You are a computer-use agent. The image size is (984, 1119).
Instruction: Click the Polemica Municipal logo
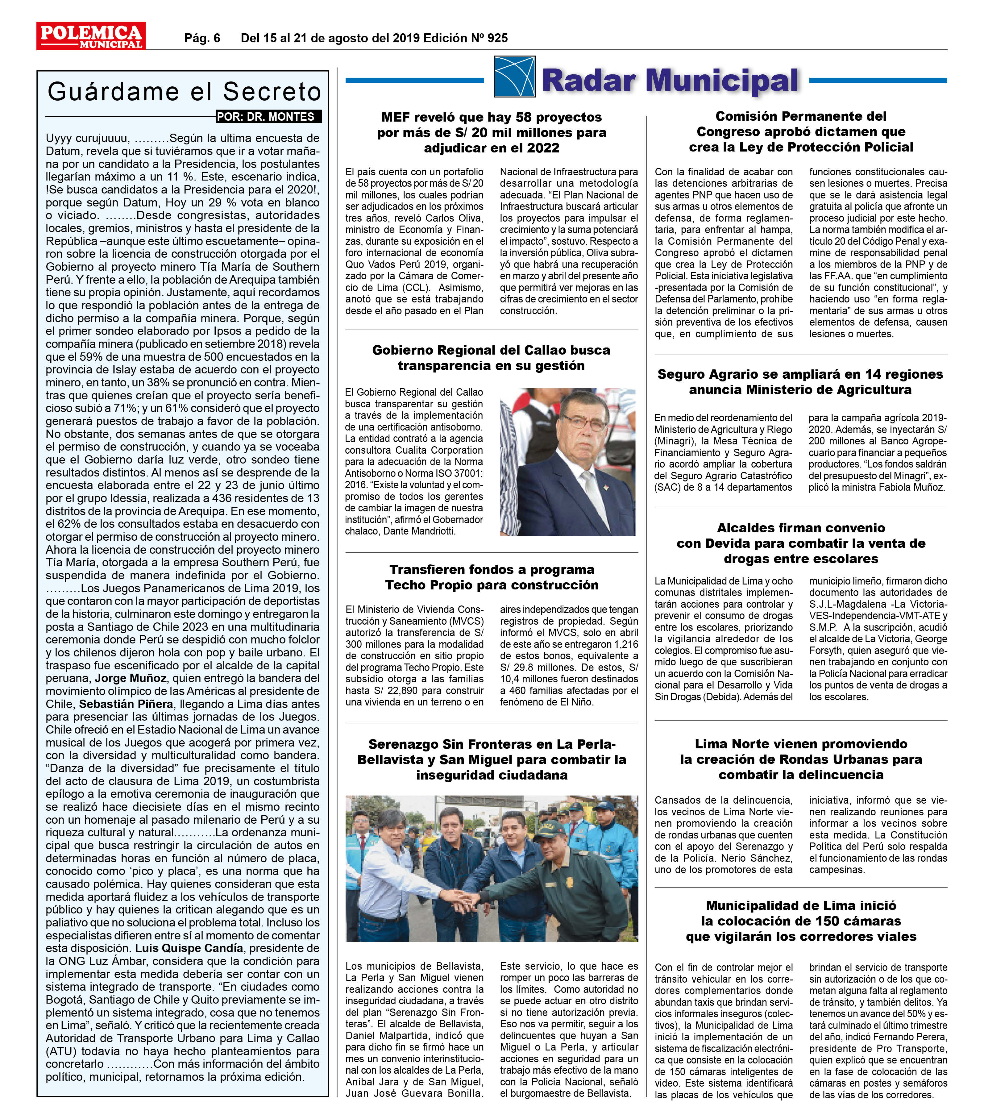(x=91, y=36)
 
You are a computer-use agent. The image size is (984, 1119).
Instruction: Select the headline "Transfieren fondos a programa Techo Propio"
(x=492, y=577)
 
